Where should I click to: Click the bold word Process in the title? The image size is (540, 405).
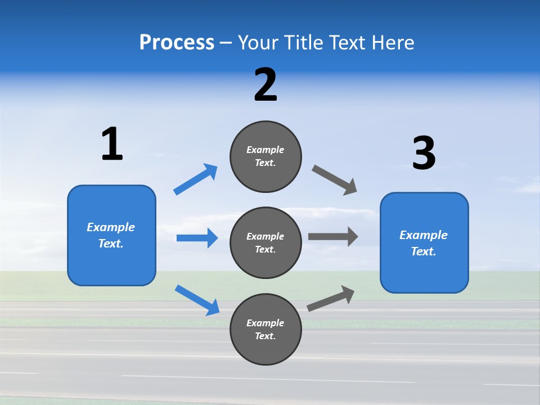177,43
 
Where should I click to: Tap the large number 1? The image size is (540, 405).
112,144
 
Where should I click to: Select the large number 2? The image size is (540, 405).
265,85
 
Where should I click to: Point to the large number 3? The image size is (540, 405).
424,154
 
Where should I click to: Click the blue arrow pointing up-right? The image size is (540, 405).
195,179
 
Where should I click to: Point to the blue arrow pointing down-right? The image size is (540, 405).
197,299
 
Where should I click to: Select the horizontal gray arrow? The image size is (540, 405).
332,236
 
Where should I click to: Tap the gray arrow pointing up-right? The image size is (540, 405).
331,298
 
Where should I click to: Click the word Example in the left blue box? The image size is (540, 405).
111,227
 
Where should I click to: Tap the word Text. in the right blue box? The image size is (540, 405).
424,251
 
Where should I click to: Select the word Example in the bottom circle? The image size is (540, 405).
265,323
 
